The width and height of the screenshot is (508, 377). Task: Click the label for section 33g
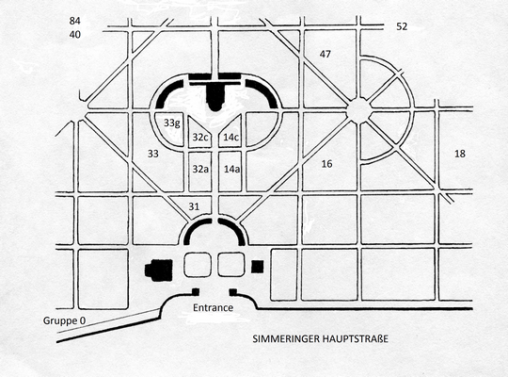click(171, 123)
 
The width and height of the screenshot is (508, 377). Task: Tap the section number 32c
click(199, 137)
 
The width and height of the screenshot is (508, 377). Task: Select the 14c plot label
click(231, 137)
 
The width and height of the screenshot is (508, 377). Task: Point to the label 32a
click(200, 169)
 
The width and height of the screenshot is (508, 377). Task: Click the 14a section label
click(231, 169)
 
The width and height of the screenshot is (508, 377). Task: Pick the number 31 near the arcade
click(194, 206)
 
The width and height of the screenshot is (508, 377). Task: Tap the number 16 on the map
click(326, 164)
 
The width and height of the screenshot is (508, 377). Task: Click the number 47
click(325, 54)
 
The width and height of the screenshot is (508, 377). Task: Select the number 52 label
click(402, 26)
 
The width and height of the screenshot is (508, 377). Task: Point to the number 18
click(460, 154)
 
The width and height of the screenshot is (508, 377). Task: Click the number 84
click(74, 21)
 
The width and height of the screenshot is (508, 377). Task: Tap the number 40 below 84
click(74, 35)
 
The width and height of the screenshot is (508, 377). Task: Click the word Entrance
click(213, 307)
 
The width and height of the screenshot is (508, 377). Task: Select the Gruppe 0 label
click(65, 320)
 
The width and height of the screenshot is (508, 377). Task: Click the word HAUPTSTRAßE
click(356, 339)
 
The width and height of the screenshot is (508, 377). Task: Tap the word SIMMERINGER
click(286, 339)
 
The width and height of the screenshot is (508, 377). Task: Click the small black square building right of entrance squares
click(258, 267)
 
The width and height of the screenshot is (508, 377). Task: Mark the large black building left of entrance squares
click(159, 270)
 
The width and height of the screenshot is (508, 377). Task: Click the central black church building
click(214, 96)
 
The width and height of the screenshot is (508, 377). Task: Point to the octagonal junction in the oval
click(358, 110)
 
